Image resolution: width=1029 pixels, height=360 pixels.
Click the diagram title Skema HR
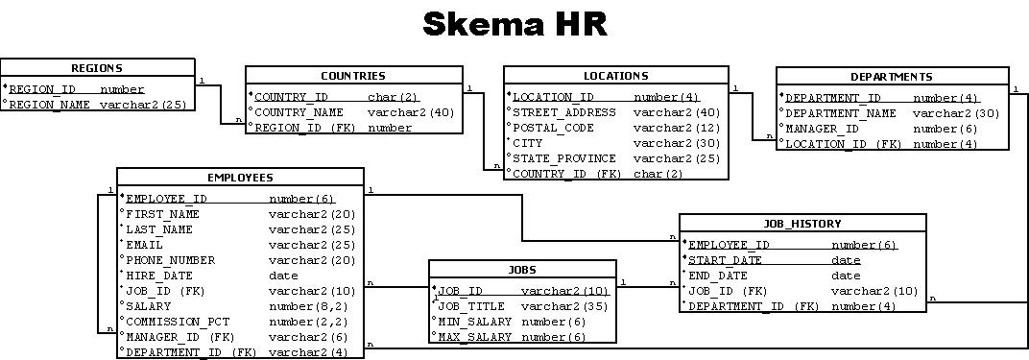coord(514,24)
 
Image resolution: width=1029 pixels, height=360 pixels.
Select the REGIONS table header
coord(97,68)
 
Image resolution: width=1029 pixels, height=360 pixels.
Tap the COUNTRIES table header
coord(352,76)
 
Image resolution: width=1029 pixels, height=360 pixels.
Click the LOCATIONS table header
coord(615,76)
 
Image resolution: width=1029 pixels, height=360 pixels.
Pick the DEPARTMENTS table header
coord(891,77)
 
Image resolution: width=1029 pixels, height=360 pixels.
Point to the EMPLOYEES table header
coord(240,178)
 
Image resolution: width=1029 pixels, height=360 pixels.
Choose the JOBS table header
coord(522,270)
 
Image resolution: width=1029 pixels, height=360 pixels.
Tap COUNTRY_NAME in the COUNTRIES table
coord(299,112)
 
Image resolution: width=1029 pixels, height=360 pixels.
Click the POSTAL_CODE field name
coord(553,128)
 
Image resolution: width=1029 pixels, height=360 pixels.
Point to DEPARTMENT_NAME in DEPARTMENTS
coord(841,113)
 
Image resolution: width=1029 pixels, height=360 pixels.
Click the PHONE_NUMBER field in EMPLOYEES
coord(170,260)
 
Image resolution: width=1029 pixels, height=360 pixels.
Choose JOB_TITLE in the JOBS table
coord(471,306)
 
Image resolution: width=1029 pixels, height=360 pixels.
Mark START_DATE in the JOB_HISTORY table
coord(727,260)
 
